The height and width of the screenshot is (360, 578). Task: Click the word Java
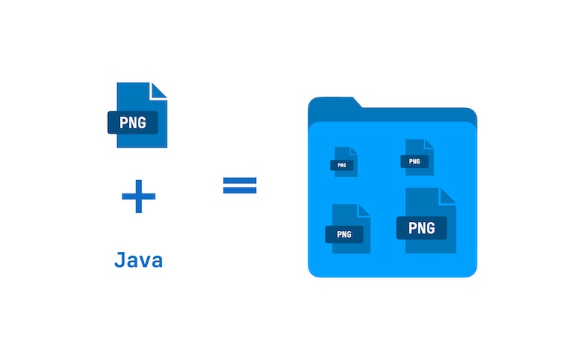138,261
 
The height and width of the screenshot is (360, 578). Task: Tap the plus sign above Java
138,197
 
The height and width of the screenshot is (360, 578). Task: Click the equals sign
239,185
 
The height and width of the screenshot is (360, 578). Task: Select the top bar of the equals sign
239,180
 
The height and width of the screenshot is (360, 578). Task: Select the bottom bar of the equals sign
239,190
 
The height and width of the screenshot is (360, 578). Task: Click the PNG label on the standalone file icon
133,121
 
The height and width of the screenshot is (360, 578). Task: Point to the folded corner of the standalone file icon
158,90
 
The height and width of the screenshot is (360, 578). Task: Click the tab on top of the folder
335,104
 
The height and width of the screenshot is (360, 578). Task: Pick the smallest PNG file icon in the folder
345,161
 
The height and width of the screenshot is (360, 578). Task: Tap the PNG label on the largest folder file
421,227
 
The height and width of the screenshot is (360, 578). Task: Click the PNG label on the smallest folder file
342,165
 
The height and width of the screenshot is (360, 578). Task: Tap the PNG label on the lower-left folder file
344,234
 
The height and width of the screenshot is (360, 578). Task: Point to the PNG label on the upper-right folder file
414,160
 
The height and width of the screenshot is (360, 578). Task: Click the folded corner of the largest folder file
447,197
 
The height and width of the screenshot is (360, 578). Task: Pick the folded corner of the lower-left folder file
363,211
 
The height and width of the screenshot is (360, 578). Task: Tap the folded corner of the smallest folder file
353,151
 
